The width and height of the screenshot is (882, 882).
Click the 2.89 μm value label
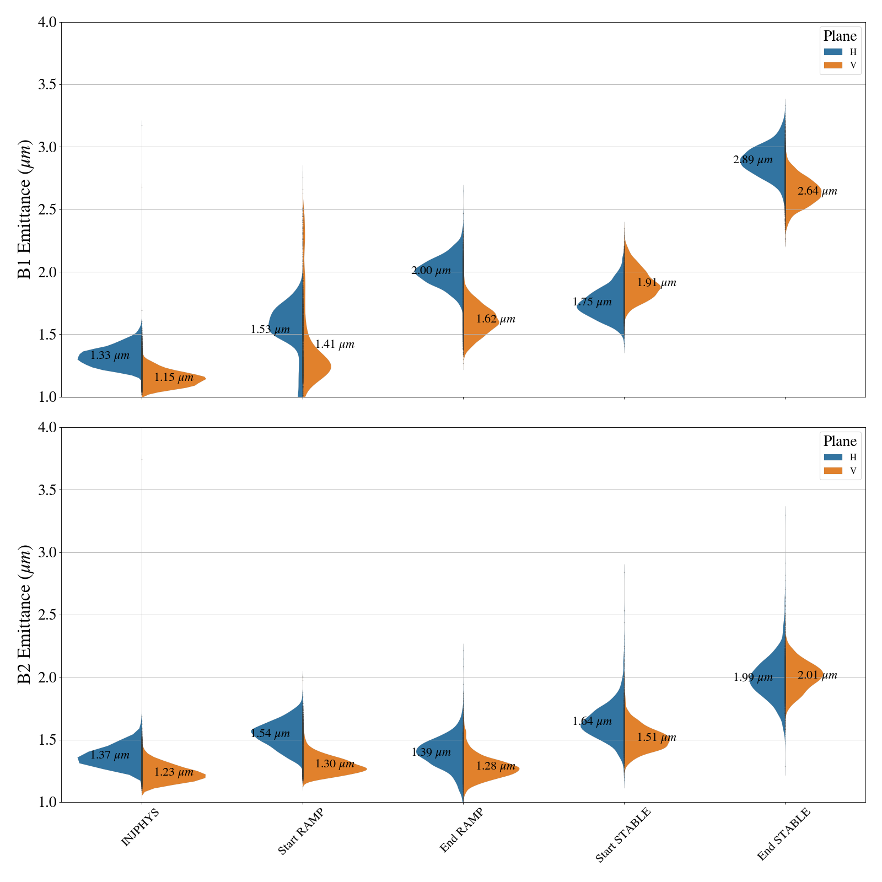tap(752, 160)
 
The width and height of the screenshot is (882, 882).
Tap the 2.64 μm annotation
tap(817, 192)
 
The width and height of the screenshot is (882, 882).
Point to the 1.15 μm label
tap(174, 378)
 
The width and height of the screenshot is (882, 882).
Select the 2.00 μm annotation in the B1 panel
tap(431, 271)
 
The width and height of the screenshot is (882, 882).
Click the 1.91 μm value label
tap(657, 283)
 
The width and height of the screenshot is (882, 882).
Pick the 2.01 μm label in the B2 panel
tap(817, 676)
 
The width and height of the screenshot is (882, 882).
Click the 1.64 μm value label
tap(592, 722)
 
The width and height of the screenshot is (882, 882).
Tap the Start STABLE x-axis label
tap(623, 835)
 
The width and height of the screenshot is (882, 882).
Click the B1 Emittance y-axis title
tap(25, 209)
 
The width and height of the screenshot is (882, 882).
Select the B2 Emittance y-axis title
tap(25, 615)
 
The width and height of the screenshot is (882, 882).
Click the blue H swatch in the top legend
tap(833, 52)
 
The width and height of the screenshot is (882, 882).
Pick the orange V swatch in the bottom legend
tap(833, 471)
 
